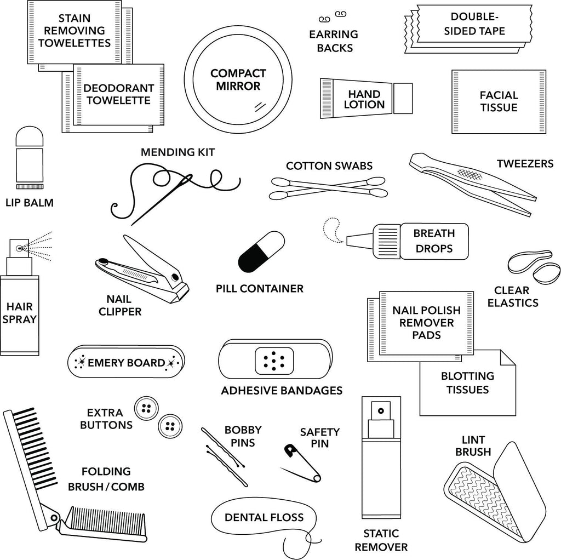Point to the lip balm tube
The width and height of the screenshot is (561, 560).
pos(30,157)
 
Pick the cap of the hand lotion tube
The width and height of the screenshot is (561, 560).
pos(403,98)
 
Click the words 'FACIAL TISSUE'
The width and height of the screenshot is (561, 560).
pos(499,101)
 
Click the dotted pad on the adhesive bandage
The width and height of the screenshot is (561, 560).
pos(274,360)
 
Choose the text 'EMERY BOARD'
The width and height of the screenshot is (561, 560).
pos(126,363)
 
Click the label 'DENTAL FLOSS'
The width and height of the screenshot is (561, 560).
pos(264,517)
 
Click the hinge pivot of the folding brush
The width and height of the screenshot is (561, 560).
pos(54,517)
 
